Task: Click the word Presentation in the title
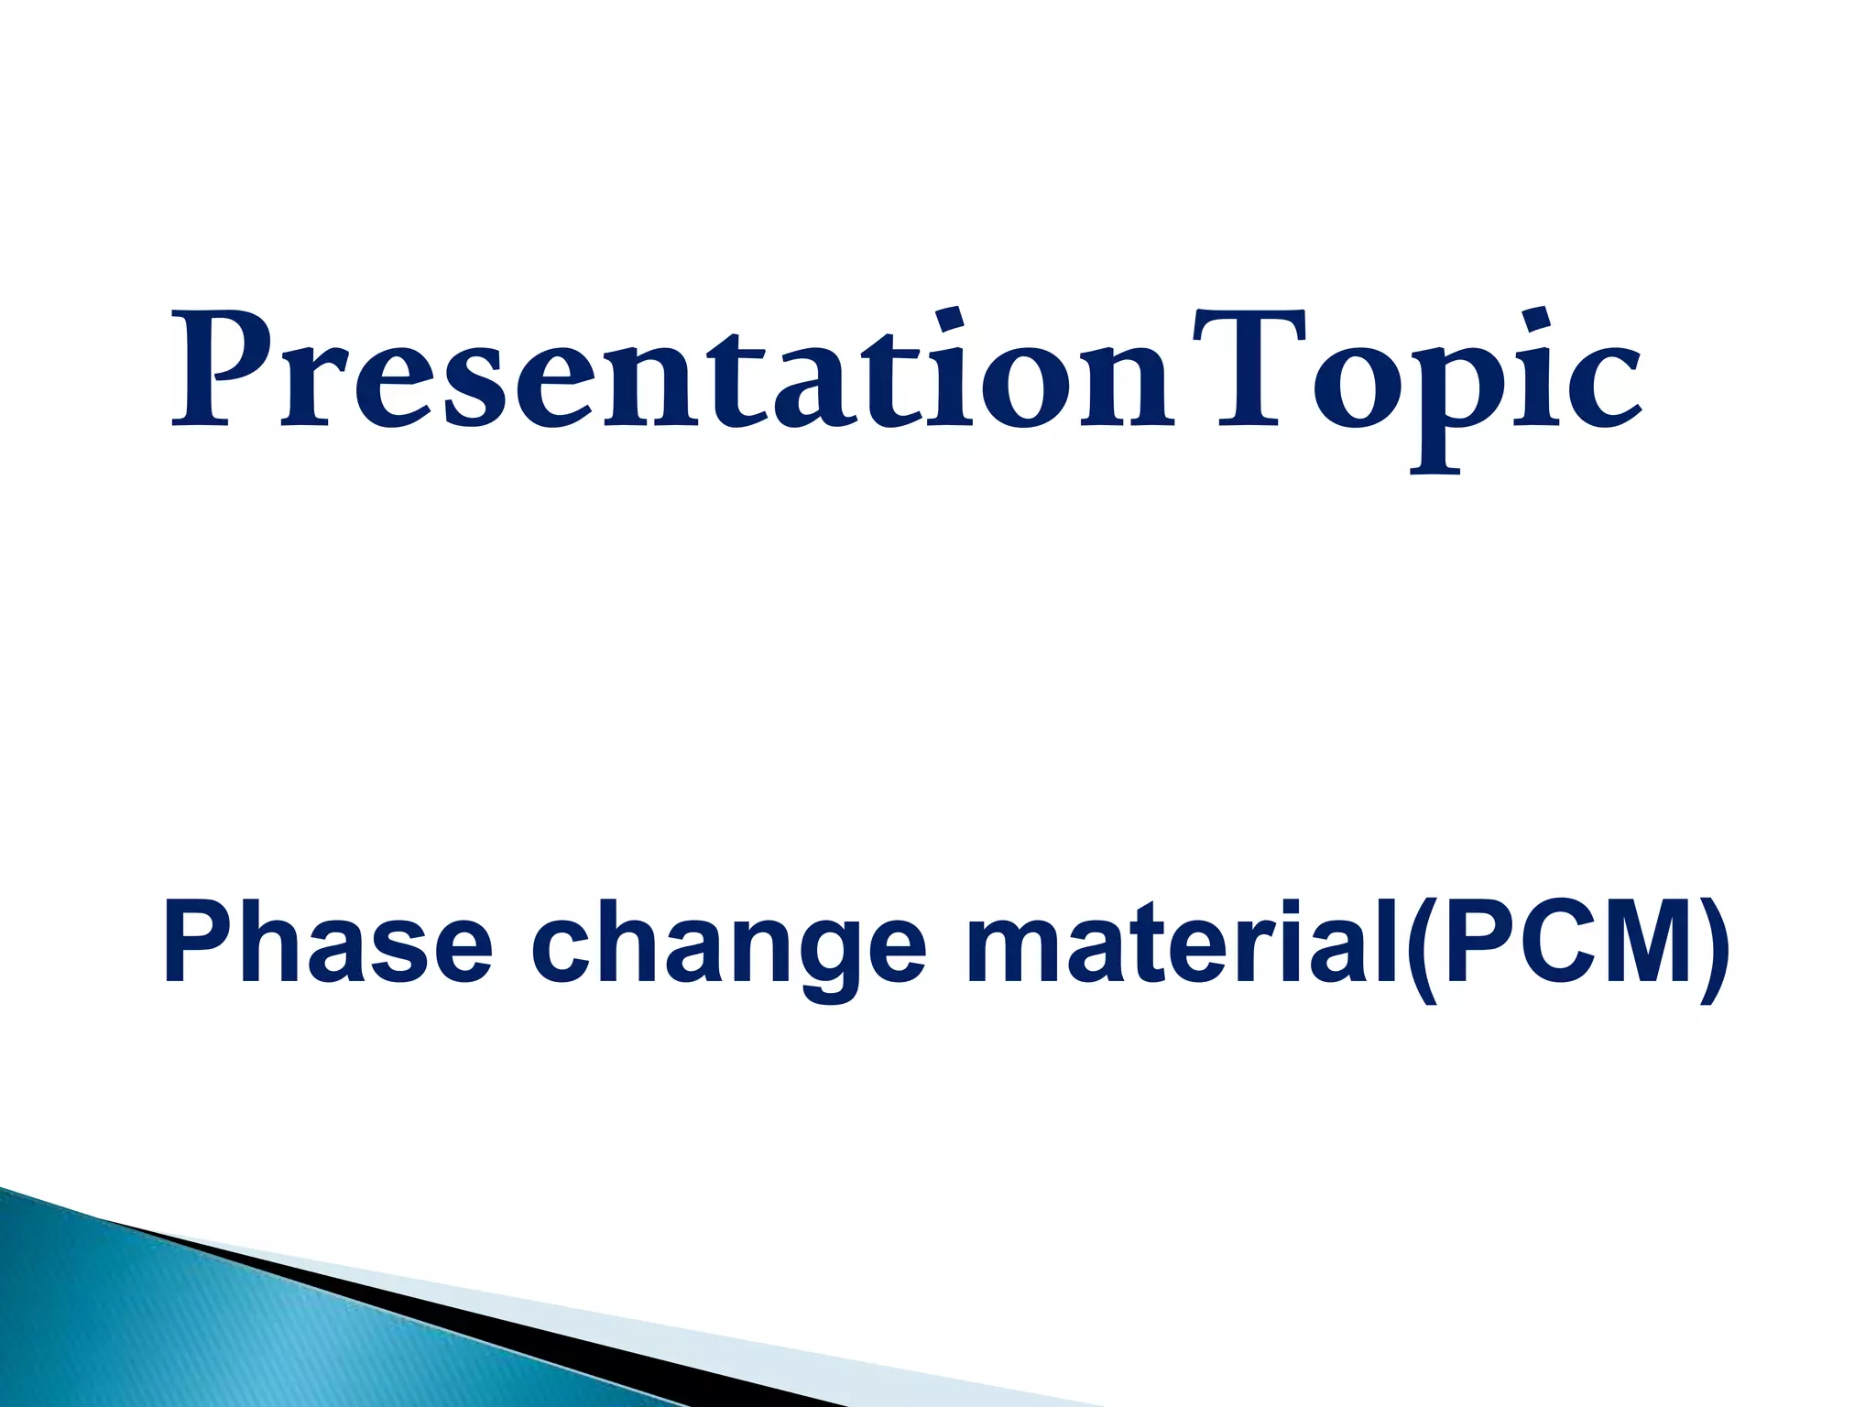673,371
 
